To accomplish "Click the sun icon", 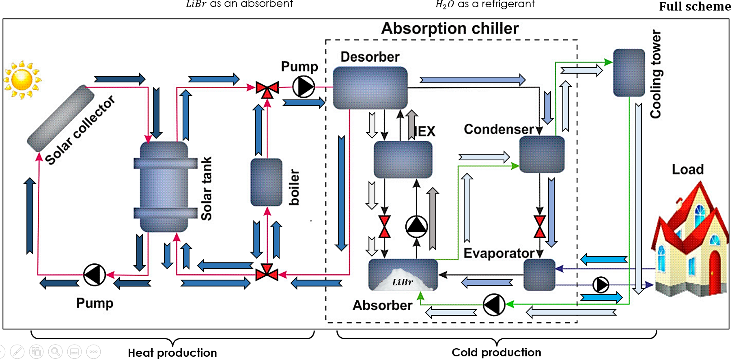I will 22,80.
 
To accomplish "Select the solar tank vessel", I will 164,186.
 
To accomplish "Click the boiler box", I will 266,182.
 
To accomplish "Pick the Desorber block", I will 370,88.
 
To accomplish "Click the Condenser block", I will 542,154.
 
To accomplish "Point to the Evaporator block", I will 539,275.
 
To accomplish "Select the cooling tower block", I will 629,73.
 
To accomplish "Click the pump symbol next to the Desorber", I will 304,86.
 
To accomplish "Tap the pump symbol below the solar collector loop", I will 95,275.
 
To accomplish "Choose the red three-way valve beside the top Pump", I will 267,89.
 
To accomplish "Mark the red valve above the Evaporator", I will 540,226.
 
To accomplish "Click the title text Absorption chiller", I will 450,28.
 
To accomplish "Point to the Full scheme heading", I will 695,6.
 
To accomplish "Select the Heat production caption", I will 172,353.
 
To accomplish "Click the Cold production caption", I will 496,352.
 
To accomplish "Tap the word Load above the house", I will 687,169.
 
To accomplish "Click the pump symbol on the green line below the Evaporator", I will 494,304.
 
